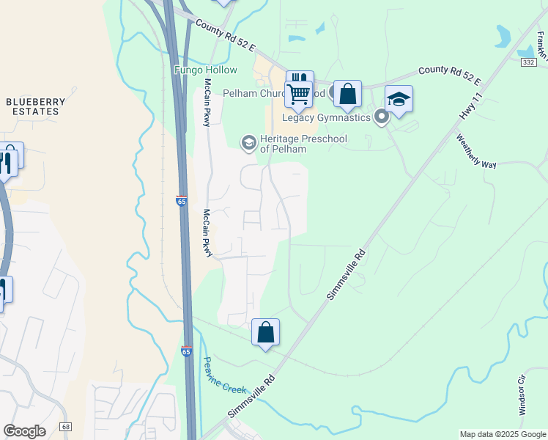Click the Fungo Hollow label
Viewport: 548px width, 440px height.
(x=206, y=70)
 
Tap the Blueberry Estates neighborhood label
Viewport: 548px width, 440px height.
(x=32, y=106)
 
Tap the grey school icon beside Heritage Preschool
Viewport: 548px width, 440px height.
(x=248, y=142)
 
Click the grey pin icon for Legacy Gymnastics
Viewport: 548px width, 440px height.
(x=380, y=117)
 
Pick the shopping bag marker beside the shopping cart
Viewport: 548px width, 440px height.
(x=347, y=95)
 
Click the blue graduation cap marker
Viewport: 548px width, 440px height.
(x=399, y=100)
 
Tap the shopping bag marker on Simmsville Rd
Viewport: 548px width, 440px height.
(x=265, y=332)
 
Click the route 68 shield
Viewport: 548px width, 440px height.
(x=66, y=426)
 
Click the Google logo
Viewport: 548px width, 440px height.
(x=24, y=431)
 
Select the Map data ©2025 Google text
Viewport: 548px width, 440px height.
(x=502, y=434)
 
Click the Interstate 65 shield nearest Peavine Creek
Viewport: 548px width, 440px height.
(x=186, y=351)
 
